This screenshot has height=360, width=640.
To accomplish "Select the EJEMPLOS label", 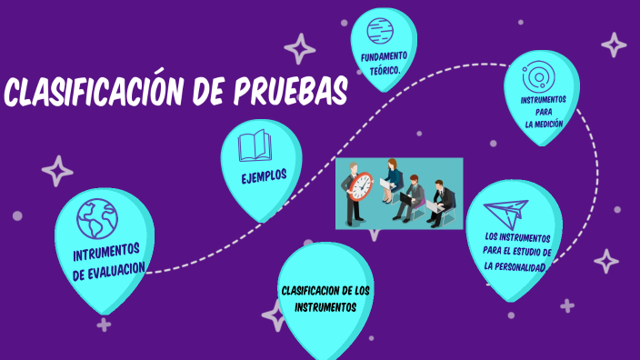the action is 264,175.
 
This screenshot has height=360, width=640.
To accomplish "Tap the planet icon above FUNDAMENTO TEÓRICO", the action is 384,28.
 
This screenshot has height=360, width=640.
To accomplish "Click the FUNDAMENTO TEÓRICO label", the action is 384,63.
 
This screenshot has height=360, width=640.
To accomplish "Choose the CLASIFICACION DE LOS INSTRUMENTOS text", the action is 325,298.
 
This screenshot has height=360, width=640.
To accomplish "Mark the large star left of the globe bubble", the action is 58,171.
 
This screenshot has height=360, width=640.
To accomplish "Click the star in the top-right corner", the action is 615,45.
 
